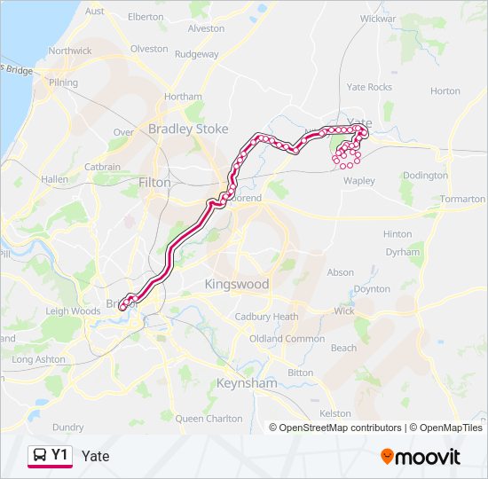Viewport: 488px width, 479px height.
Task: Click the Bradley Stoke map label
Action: coord(188,129)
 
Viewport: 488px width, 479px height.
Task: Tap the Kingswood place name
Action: coord(236,285)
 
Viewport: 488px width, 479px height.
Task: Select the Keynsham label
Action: coord(247,383)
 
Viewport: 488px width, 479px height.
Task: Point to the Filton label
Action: coord(154,182)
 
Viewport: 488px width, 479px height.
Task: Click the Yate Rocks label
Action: coord(369,87)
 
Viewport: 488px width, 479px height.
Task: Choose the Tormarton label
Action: coord(462,200)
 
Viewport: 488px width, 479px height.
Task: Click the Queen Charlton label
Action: coord(209,418)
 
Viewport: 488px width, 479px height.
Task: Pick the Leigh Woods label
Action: coord(73,311)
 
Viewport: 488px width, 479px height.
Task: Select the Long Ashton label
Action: coord(39,359)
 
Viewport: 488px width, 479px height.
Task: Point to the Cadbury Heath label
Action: coord(266,317)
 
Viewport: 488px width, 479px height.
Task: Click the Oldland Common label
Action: coord(287,339)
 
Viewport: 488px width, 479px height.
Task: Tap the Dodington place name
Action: coord(425,176)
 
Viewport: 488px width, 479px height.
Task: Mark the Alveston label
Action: coord(207,28)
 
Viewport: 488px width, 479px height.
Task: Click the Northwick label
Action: coord(70,51)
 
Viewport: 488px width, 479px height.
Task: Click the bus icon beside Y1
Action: coord(40,456)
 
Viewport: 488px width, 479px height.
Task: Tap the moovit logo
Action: coord(421,457)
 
